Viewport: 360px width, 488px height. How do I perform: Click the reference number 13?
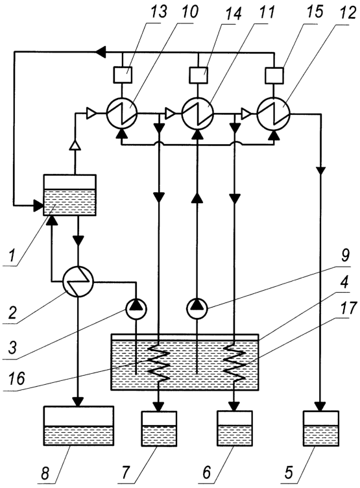[x=159, y=12]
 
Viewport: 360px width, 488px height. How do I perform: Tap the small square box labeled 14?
[x=198, y=75]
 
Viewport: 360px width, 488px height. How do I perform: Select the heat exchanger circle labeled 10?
[x=122, y=114]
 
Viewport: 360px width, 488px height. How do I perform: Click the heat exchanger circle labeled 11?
[x=198, y=114]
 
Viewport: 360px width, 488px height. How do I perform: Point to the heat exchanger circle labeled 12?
[x=274, y=114]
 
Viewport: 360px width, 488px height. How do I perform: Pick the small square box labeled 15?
[x=274, y=75]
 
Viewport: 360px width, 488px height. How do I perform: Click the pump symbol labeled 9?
[x=197, y=308]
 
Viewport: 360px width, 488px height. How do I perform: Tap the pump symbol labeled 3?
[x=136, y=308]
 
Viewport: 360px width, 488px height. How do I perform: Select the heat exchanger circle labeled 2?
[x=78, y=282]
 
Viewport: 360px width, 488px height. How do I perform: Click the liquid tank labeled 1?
[x=69, y=195]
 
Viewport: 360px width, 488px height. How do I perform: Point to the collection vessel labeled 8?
[x=78, y=426]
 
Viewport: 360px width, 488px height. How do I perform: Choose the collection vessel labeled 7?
[x=159, y=428]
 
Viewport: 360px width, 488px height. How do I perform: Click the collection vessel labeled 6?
[x=235, y=428]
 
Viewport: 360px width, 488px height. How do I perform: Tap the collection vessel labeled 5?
[x=321, y=428]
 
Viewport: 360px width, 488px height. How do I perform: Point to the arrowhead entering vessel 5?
[x=321, y=406]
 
